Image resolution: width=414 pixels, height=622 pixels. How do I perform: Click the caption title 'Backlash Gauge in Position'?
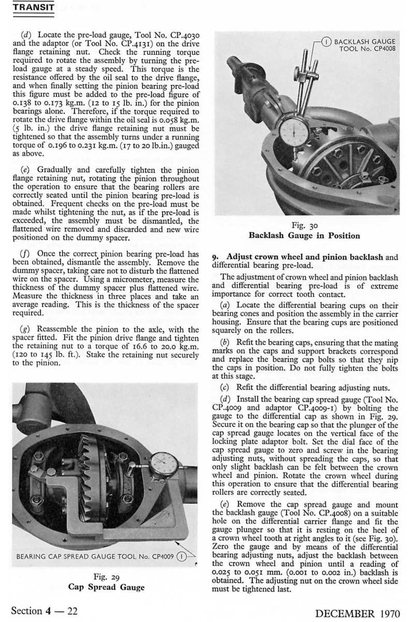click(x=304, y=236)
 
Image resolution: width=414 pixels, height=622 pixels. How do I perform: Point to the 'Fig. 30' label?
click(x=304, y=226)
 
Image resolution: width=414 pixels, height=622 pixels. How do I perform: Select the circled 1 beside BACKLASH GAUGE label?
click(x=327, y=41)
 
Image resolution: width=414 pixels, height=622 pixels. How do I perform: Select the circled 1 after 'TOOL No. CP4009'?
click(x=182, y=557)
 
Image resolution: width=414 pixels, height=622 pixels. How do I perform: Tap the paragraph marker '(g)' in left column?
click(x=24, y=330)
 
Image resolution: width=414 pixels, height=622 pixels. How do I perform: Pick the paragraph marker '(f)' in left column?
click(x=24, y=255)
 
